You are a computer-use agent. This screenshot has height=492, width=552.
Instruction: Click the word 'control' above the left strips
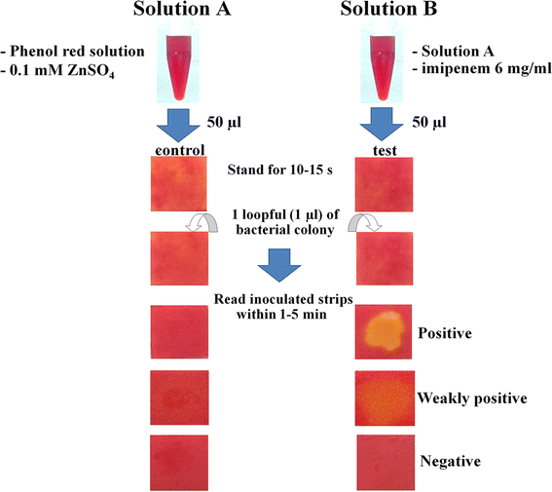point(178,152)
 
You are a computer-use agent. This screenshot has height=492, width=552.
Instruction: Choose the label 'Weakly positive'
point(471,397)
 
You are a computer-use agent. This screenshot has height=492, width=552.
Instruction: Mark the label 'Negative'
point(449,459)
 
